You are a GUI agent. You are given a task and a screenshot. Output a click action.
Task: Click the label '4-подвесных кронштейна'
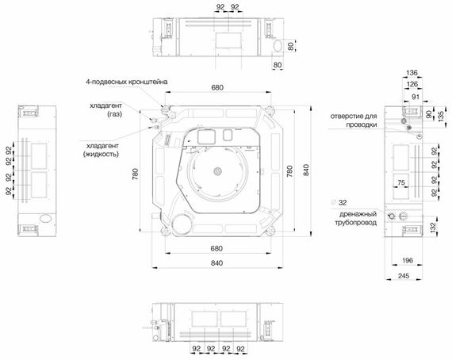point(126,82)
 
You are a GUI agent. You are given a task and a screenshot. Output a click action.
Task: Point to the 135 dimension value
point(442,119)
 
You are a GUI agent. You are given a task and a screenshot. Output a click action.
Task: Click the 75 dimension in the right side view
point(401,182)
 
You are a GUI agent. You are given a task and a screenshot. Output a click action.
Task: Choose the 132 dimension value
point(434,227)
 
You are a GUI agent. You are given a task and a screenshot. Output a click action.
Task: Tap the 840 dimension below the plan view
point(216,262)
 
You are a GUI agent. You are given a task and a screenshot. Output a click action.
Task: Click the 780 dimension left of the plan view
point(136,172)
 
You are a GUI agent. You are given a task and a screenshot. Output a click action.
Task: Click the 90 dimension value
point(431,113)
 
